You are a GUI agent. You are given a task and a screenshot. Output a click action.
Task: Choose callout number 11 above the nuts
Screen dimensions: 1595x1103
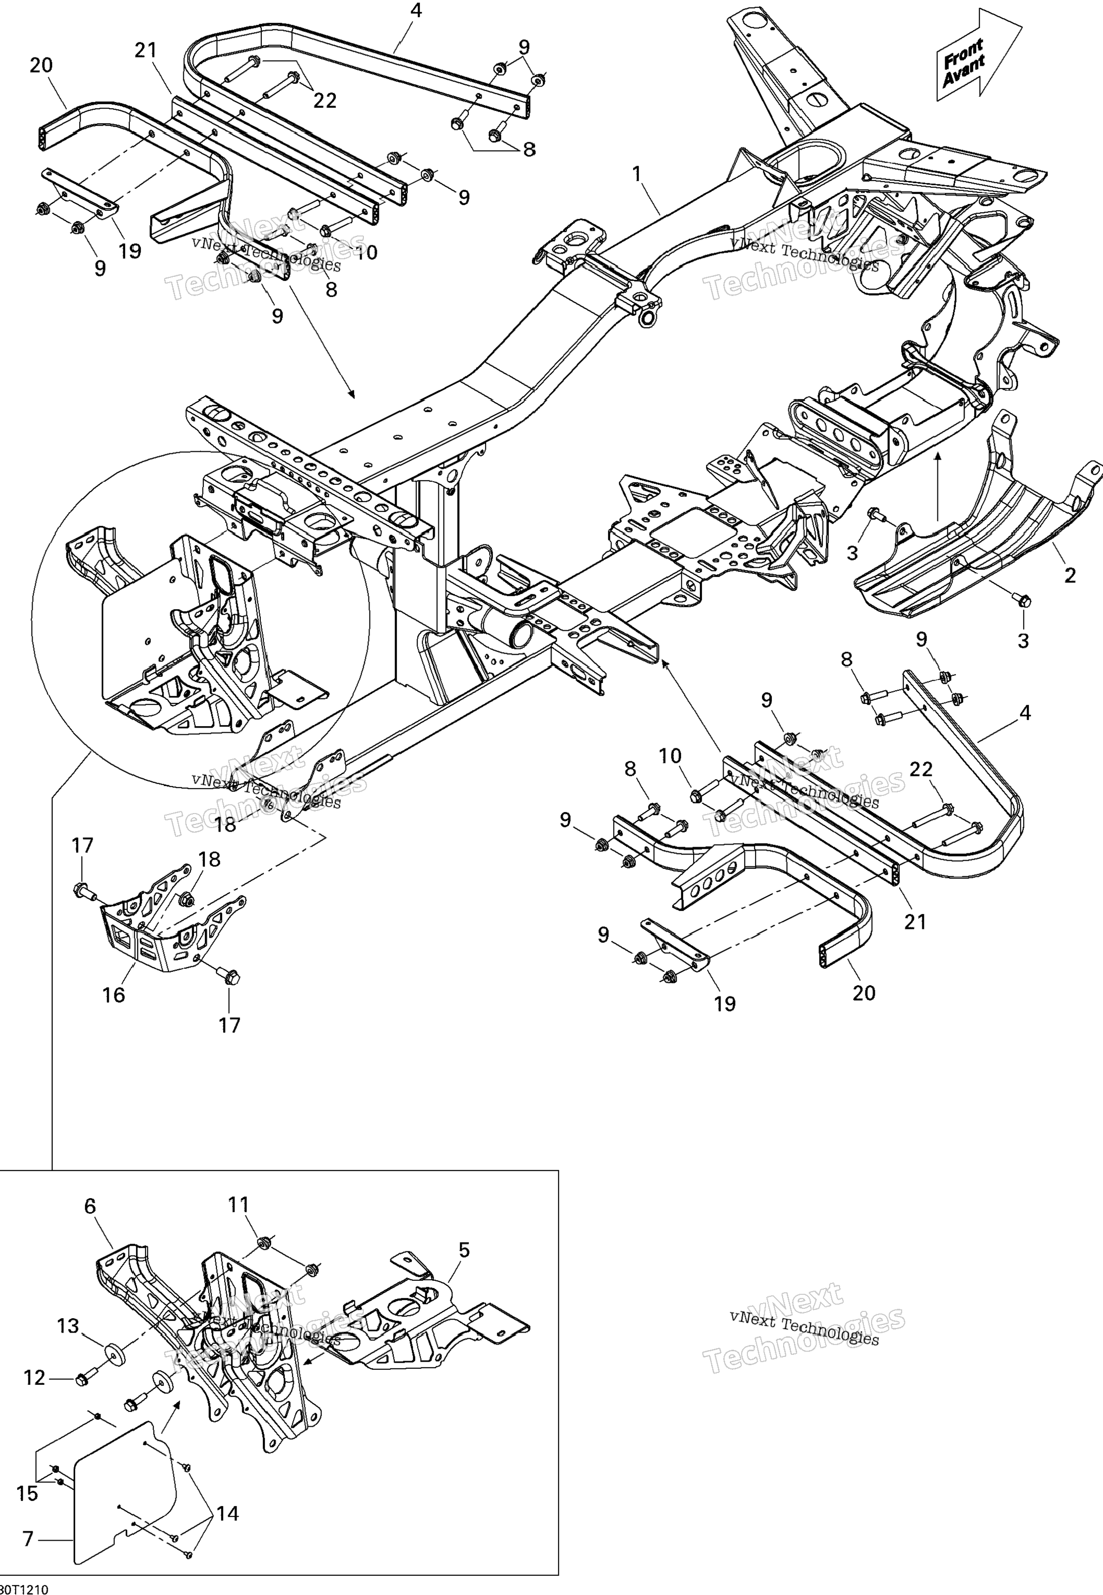[x=239, y=1205]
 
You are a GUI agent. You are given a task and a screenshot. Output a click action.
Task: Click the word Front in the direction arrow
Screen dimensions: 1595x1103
[x=963, y=50]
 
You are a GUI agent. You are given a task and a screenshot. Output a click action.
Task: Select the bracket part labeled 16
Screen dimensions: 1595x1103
[x=159, y=923]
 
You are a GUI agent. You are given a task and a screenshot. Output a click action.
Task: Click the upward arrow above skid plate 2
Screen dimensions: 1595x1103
[x=937, y=484]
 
